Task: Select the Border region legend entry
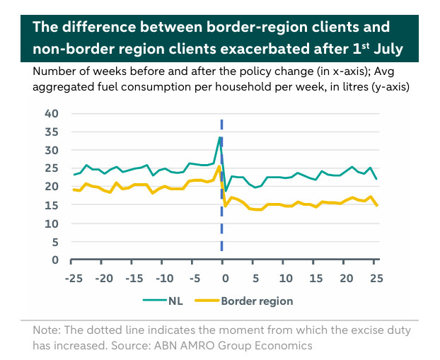[x=257, y=301]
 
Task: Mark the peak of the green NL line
[x=220, y=137]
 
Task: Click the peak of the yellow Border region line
[x=220, y=167]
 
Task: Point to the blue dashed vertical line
[x=222, y=212]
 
